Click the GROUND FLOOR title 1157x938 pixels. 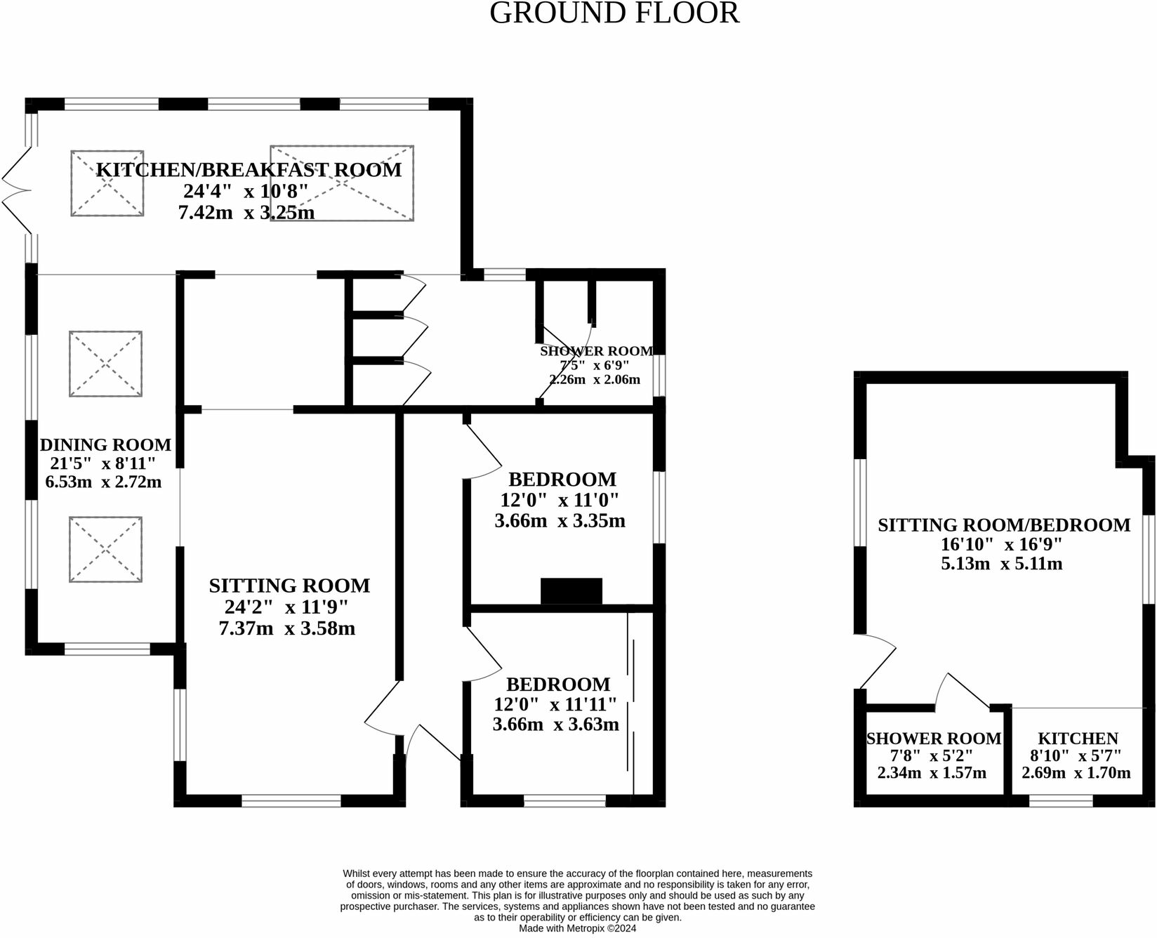pyautogui.click(x=614, y=14)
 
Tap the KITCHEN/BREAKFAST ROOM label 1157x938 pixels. pyautogui.click(x=249, y=170)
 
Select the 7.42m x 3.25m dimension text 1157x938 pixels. pyautogui.click(x=246, y=212)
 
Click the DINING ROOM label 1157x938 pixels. pyautogui.click(x=105, y=445)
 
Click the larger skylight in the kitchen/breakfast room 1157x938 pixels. pyautogui.click(x=342, y=184)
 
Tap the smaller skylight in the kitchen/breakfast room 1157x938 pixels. pyautogui.click(x=107, y=183)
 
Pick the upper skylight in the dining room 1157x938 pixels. pyautogui.click(x=105, y=364)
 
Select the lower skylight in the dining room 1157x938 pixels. pyautogui.click(x=105, y=550)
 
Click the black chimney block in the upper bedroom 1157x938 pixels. pyautogui.click(x=571, y=591)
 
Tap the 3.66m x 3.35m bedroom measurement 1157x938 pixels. pyautogui.click(x=560, y=521)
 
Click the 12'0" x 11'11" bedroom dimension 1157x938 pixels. pyautogui.click(x=555, y=704)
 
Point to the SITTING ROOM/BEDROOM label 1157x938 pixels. pyautogui.click(x=1004, y=525)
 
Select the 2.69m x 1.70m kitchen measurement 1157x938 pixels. pyautogui.click(x=1076, y=773)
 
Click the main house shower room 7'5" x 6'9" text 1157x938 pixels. pyautogui.click(x=595, y=365)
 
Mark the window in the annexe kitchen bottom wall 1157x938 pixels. pyautogui.click(x=1061, y=801)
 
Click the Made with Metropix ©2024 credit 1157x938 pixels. pyautogui.click(x=577, y=928)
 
